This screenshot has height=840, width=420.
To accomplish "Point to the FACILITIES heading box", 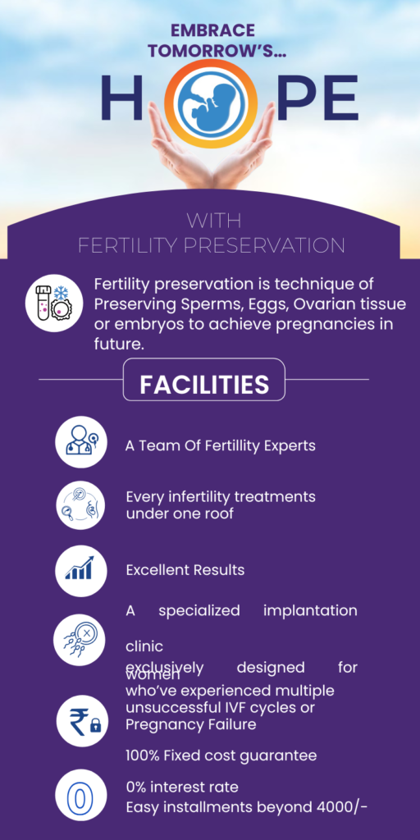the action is (x=204, y=379).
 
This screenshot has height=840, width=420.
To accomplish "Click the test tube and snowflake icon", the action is (x=54, y=303).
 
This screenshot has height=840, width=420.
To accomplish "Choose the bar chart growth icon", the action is (x=81, y=571).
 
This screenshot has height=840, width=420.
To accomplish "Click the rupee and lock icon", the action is (x=82, y=721).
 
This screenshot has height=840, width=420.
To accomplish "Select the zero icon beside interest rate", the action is (x=80, y=795).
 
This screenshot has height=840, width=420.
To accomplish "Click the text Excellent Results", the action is (x=185, y=570).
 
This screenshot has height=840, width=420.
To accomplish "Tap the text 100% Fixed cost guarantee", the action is (x=221, y=756).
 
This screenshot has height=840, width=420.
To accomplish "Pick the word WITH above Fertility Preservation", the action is (x=214, y=220).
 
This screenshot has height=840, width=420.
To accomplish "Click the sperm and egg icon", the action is (x=80, y=640).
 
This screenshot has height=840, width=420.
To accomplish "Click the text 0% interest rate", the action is (x=182, y=787).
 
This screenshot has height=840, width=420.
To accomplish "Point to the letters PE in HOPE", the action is (x=317, y=98).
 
